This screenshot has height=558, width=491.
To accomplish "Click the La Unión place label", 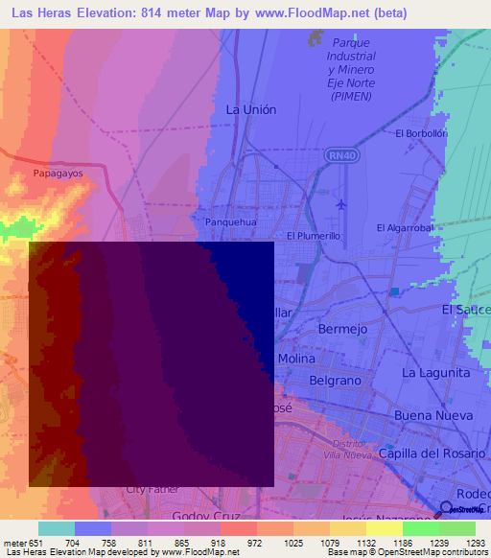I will (250, 109).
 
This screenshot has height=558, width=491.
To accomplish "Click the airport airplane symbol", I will (341, 203).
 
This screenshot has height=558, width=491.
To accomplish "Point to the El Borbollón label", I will (421, 133).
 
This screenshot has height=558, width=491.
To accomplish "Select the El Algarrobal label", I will (406, 227).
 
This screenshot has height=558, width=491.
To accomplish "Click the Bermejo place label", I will (342, 329).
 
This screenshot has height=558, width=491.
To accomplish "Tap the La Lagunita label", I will (436, 372).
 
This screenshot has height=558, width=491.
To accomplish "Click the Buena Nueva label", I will (434, 415).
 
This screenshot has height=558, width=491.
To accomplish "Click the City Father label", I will (152, 489).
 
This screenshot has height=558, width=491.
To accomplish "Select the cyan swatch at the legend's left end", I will (56, 528).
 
